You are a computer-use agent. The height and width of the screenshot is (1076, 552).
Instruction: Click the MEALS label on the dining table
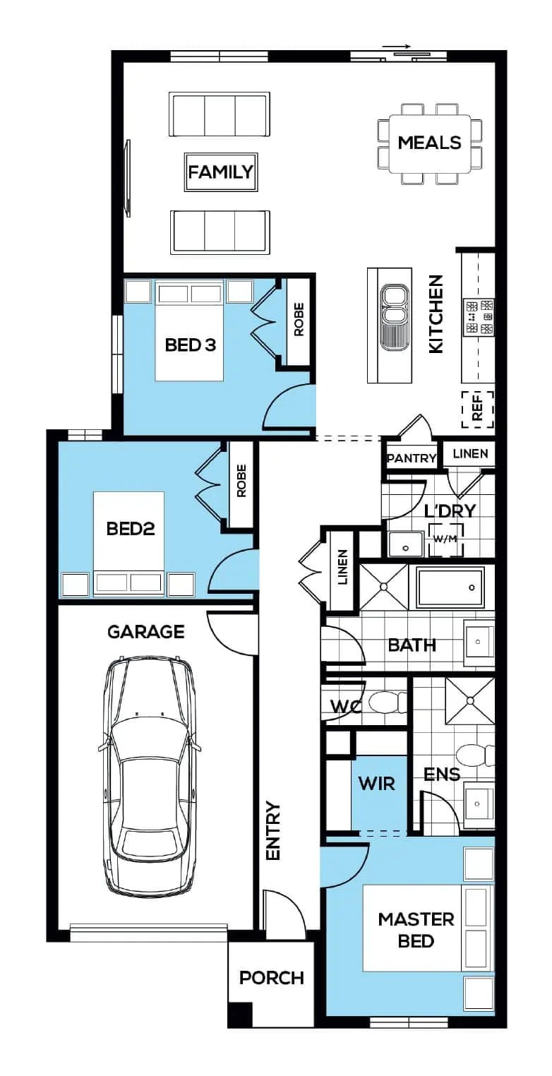pos(429,143)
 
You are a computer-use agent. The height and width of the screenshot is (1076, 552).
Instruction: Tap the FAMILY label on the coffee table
pos(220,172)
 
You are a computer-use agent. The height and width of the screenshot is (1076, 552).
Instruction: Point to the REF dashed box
pos(477,410)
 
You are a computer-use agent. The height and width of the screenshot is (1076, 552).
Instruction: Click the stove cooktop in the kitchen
pos(478,317)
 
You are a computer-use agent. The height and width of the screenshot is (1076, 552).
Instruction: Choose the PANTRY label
pos(412,458)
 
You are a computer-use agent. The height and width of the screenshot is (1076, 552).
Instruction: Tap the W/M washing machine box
pos(446,539)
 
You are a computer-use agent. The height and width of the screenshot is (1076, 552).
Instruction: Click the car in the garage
pos(149,776)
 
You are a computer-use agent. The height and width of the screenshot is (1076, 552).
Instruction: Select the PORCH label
pos(272,978)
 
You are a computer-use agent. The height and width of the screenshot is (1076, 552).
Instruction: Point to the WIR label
pos(377,784)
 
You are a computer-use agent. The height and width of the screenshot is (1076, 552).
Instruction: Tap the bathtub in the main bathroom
pos(450,587)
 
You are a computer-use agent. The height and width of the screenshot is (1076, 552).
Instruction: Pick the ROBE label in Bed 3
pos(299,319)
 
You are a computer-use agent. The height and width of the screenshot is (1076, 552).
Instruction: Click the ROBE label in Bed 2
pos(241,480)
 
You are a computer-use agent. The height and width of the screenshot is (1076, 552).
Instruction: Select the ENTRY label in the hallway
pos(273,831)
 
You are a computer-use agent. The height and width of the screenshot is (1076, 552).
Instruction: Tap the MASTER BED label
pos(416,930)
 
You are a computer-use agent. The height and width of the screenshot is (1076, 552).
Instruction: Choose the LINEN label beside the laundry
pos(470,453)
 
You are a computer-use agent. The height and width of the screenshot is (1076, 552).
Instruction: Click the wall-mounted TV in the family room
pos(128,178)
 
